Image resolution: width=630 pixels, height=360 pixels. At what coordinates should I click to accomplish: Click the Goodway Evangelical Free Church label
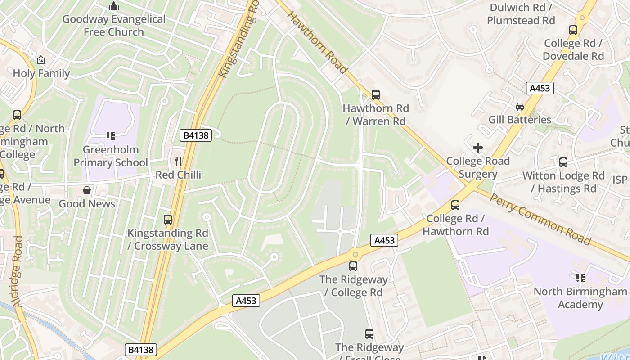pyautogui.click(x=114, y=26)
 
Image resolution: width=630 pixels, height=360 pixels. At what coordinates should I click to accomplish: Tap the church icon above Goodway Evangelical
pyautogui.click(x=114, y=6)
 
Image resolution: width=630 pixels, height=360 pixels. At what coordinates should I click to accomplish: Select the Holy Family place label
pyautogui.click(x=41, y=73)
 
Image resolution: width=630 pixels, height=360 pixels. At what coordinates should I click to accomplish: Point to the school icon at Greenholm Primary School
pyautogui.click(x=110, y=136)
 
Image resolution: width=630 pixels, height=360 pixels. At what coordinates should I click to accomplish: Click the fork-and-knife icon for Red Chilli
pyautogui.click(x=178, y=161)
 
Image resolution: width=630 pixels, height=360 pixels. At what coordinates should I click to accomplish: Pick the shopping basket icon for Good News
pyautogui.click(x=87, y=190)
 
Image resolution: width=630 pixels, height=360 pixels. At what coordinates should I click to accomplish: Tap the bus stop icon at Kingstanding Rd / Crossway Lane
pyautogui.click(x=168, y=220)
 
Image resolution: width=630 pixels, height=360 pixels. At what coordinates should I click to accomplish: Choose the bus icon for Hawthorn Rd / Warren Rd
pyautogui.click(x=376, y=95)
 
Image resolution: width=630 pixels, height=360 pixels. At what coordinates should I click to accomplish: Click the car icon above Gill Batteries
pyautogui.click(x=520, y=107)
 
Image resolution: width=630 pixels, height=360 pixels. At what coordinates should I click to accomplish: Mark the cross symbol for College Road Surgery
pyautogui.click(x=478, y=148)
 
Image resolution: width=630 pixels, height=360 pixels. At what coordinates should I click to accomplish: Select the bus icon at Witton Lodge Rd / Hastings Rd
pyautogui.click(x=563, y=162)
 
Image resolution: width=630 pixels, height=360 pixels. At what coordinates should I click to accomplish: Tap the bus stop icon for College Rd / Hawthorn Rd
pyautogui.click(x=455, y=205)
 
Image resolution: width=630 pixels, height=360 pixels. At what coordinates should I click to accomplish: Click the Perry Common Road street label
pyautogui.click(x=540, y=219)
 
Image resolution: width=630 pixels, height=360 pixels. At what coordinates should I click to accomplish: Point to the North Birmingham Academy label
pyautogui.click(x=580, y=298)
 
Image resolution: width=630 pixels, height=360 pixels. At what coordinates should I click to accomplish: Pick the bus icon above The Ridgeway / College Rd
pyautogui.click(x=353, y=266)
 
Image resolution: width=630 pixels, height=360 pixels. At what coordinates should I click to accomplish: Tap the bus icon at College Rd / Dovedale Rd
pyautogui.click(x=573, y=30)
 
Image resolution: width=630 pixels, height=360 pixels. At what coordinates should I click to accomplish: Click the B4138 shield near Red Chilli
pyautogui.click(x=196, y=135)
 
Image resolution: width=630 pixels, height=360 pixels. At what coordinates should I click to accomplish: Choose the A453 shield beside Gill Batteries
pyautogui.click(x=540, y=88)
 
